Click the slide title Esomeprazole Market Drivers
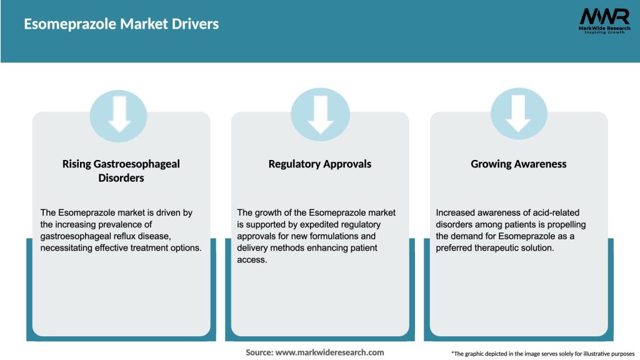[x=121, y=24]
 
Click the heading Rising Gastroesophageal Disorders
[x=121, y=171]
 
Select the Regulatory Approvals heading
[x=320, y=164]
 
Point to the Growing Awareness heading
[x=519, y=164]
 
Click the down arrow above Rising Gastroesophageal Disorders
[x=119, y=114]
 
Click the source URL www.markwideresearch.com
[x=330, y=352]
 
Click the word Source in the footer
[x=259, y=352]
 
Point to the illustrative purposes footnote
[x=542, y=354]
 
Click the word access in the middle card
[x=251, y=260]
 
